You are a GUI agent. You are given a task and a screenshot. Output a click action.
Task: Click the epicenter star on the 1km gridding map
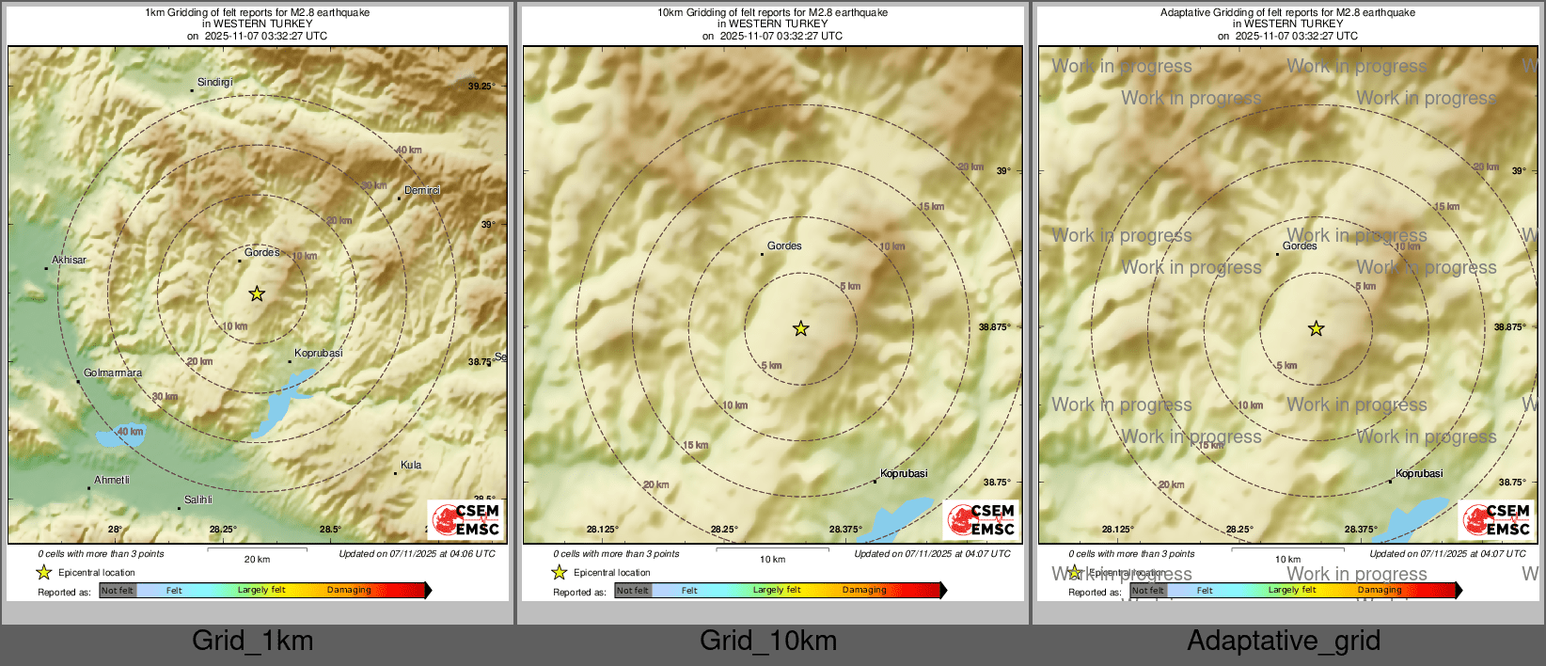257,294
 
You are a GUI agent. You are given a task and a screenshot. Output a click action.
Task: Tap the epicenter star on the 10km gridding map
800,328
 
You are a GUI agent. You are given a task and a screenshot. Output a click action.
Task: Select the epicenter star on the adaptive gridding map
1316,328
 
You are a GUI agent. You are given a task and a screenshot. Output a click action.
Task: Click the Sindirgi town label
214,83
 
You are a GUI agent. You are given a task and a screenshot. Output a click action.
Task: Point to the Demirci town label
422,190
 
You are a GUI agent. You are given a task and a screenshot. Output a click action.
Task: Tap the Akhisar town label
69,260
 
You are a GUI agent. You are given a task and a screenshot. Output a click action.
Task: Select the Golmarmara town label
113,373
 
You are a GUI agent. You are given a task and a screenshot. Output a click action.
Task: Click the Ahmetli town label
112,480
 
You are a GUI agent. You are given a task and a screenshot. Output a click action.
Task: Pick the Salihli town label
198,499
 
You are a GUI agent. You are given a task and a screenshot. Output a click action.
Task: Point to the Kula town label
411,465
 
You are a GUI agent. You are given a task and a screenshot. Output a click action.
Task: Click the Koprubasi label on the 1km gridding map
319,354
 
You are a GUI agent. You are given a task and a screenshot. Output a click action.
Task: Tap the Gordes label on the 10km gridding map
784,246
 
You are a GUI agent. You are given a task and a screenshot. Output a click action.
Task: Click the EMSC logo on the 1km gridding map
465,519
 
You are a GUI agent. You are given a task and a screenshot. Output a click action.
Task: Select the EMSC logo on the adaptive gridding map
1496,519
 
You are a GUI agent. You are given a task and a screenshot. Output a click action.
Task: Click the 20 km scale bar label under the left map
257,559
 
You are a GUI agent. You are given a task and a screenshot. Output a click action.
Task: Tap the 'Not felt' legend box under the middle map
633,591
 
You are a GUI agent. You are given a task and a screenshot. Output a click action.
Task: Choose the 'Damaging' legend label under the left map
349,590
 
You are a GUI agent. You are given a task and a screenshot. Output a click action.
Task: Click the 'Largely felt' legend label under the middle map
777,590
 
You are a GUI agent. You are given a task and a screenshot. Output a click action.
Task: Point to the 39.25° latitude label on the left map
481,86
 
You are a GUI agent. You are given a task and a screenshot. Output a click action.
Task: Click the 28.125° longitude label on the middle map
602,529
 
